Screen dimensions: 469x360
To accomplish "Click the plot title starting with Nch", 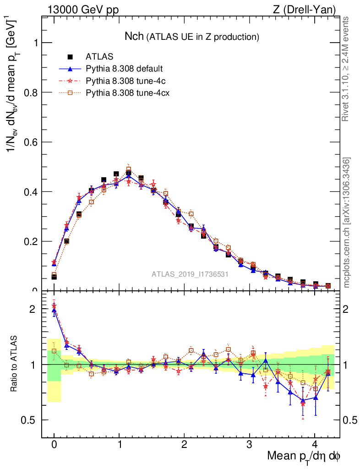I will coord(192,36).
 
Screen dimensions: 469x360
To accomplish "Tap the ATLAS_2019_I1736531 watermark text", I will coord(190,274).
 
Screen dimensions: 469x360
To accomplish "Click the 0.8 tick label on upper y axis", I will coord(28,93).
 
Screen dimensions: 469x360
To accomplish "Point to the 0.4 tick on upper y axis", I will coord(28,192).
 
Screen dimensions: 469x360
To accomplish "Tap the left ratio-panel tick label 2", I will coord(32,309).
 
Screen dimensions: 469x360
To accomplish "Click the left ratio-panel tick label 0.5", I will coord(28,420).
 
